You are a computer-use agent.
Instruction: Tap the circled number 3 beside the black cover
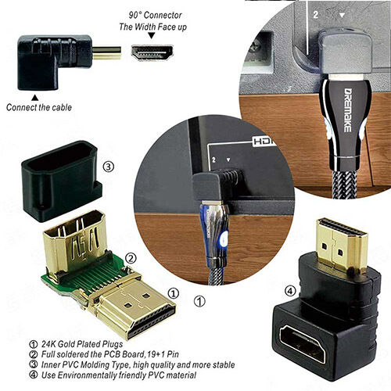[109, 165]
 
